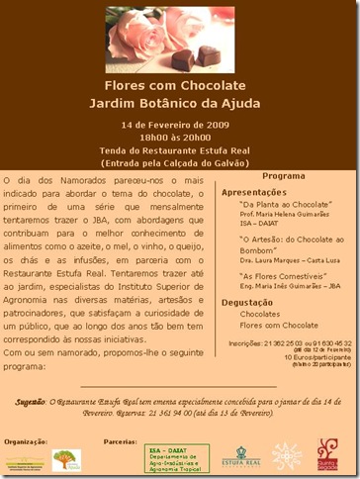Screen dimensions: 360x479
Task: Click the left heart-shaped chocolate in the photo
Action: (x=183, y=59)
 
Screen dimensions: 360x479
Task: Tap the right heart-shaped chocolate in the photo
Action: (x=209, y=54)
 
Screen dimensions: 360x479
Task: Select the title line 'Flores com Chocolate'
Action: (x=180, y=86)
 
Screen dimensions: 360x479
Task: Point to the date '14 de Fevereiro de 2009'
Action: (x=180, y=125)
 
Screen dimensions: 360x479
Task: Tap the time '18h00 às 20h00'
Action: (x=180, y=138)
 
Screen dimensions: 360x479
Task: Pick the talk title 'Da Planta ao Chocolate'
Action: (x=285, y=202)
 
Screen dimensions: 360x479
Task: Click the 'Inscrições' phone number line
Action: (x=283, y=343)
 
